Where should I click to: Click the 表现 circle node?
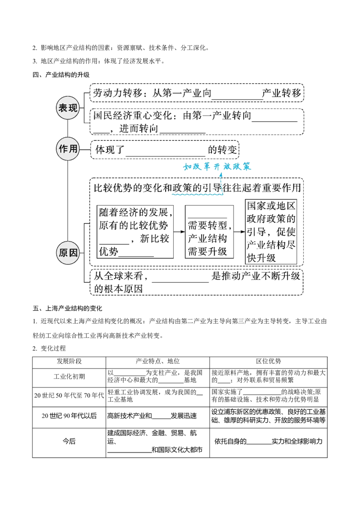tap(68, 108)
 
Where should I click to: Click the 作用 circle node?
tap(68, 149)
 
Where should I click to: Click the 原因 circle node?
tap(68, 252)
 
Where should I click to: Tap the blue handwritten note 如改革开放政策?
tap(217, 166)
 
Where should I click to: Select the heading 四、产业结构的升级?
tap(61, 75)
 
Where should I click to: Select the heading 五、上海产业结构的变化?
tap(67, 308)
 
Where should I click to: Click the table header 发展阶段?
tap(69, 362)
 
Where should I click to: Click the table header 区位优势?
tap(268, 362)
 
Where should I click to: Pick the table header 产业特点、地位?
tap(157, 362)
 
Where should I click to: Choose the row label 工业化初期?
tap(69, 376)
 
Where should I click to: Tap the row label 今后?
tap(69, 441)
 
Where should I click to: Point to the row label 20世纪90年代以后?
tap(69, 416)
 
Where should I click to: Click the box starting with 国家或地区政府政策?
tap(271, 232)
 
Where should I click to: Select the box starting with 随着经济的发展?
tap(135, 232)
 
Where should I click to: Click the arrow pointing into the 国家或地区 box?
tap(239, 232)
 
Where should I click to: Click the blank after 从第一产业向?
tap(237, 98)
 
